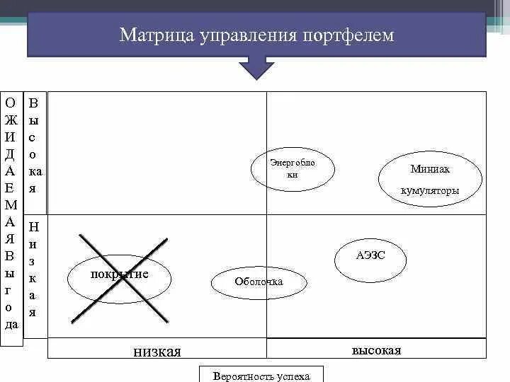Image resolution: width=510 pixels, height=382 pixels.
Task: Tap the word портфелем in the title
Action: coord(348,35)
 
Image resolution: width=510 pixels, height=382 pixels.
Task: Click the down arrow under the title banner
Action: coord(256,69)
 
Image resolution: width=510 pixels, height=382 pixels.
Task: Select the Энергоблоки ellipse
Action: coord(293,169)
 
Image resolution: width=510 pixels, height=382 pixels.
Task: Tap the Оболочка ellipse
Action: coord(259,282)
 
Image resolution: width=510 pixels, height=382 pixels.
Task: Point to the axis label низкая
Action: coord(157,352)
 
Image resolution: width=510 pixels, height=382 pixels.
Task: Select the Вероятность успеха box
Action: coord(261,376)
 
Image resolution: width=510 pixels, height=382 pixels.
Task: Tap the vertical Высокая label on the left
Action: coord(34,145)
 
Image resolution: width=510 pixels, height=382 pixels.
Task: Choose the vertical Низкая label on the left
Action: coord(33,269)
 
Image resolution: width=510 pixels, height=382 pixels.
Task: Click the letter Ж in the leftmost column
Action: coord(11,120)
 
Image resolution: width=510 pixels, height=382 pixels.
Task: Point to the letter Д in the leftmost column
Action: coord(11,154)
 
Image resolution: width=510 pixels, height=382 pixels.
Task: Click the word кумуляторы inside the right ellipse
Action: coord(430,191)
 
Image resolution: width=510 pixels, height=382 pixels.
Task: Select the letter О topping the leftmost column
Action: coord(11,103)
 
